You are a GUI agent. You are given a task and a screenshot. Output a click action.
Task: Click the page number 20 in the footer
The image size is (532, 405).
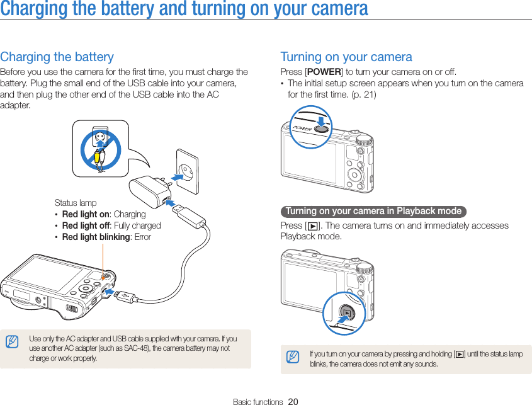(x=293, y=401)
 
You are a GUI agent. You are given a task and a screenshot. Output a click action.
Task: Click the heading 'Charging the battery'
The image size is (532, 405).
(x=57, y=57)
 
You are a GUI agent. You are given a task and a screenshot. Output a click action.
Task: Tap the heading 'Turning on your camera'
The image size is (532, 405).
(x=346, y=57)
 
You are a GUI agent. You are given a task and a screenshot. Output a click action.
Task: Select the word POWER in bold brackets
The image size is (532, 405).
(x=324, y=72)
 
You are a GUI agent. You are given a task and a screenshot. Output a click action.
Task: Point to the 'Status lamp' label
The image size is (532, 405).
(x=76, y=203)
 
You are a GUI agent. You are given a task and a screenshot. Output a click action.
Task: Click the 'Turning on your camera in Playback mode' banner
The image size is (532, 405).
(x=373, y=211)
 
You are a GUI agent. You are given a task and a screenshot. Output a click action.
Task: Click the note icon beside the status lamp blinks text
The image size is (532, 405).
(x=292, y=358)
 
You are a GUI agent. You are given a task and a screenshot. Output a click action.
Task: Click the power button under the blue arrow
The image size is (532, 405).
(x=322, y=128)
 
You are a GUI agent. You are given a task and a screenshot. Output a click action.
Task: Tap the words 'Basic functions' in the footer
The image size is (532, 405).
(x=258, y=401)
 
